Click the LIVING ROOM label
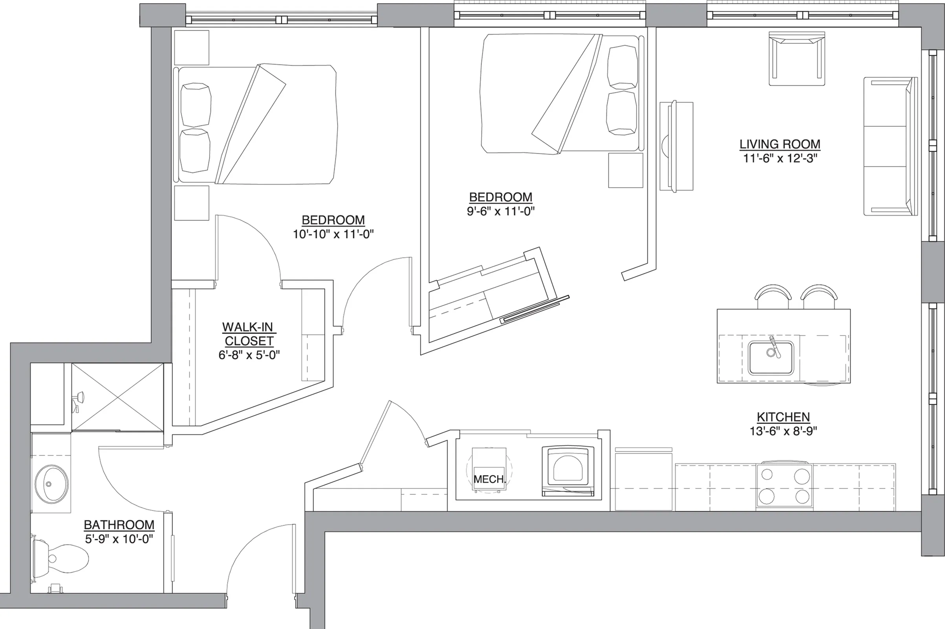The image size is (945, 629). [x=780, y=144]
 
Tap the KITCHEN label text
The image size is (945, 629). [x=783, y=417]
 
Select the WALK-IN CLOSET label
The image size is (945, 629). [x=249, y=334]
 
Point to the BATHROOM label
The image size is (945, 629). [x=119, y=525]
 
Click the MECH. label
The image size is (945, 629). [x=489, y=479]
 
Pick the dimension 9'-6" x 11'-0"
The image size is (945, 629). [x=500, y=211]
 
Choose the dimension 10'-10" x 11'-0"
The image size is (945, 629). [x=333, y=234]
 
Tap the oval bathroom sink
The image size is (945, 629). [x=51, y=484]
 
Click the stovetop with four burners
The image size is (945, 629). [x=784, y=487]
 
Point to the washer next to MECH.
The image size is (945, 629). [x=568, y=471]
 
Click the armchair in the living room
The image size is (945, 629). [x=797, y=59]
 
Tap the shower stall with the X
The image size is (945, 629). [x=117, y=397]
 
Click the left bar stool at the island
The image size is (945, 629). [x=773, y=296]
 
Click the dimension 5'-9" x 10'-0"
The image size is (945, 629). [x=119, y=539]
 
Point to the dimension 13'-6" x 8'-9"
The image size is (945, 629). [x=783, y=431]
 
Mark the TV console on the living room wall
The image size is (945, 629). [x=676, y=146]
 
